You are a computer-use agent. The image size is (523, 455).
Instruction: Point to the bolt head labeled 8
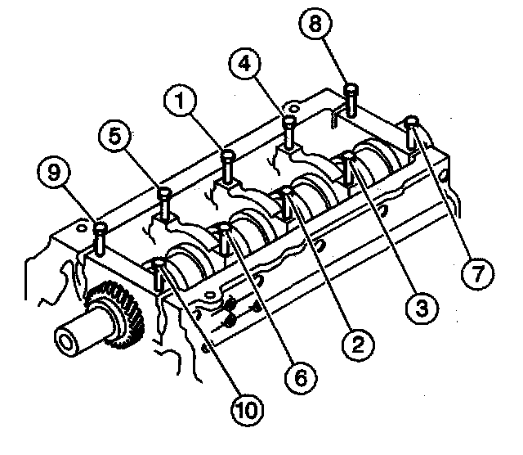pos(351,89)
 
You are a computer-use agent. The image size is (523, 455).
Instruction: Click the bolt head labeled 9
pos(100,227)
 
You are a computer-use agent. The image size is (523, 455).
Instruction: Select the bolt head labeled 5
pos(164,193)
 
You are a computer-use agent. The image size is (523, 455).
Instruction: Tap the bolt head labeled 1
pos(228,154)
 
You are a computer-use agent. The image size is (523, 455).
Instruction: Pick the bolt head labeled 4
pos(288,122)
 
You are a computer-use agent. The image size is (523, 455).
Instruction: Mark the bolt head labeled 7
pos(413,123)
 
